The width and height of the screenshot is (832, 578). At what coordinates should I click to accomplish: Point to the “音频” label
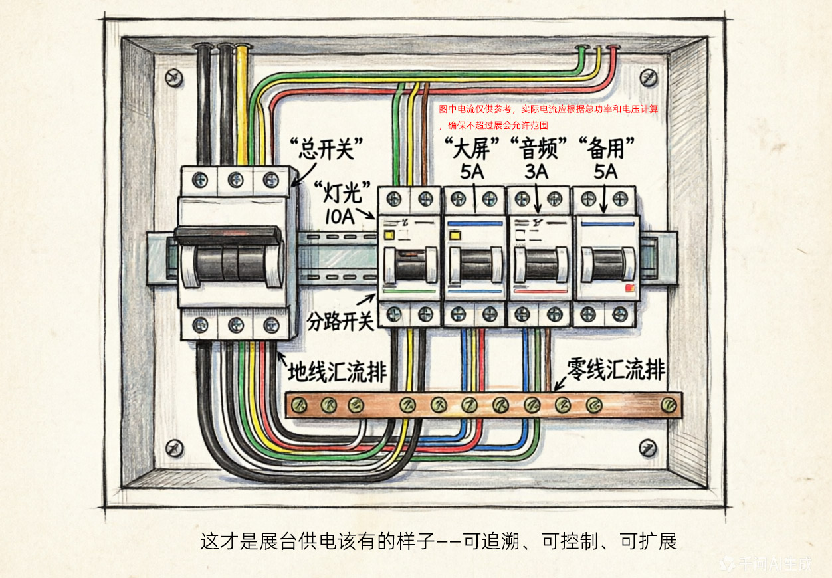click(x=538, y=148)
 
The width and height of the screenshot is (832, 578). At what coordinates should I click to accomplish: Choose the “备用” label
click(x=606, y=148)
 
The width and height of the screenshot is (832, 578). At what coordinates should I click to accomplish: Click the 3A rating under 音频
click(x=537, y=173)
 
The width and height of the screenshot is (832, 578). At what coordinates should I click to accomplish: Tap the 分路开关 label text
click(x=340, y=322)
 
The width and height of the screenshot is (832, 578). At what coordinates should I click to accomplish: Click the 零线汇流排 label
click(x=616, y=369)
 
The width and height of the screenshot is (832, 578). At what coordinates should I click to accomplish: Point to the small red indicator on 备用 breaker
click(x=629, y=288)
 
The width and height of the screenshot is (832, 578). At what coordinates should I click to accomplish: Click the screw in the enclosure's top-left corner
click(x=173, y=76)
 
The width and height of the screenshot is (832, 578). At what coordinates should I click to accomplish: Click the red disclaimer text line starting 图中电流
click(x=548, y=109)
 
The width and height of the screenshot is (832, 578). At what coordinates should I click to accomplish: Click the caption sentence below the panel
click(x=439, y=541)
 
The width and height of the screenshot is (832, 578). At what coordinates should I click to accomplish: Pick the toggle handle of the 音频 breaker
click(x=540, y=264)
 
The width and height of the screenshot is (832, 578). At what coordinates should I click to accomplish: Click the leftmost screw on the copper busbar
click(x=298, y=403)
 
